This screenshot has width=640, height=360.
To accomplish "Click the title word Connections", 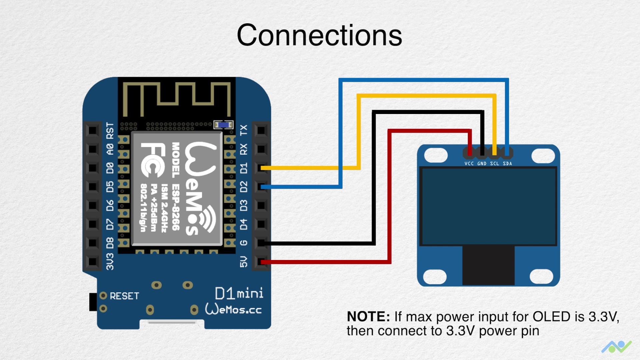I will point(319,35).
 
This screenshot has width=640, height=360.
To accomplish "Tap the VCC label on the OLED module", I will point(469,164).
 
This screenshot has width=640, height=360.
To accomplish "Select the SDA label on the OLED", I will point(507,164).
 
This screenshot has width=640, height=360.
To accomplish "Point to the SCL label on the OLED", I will point(494,164).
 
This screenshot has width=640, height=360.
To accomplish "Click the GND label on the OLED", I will point(482,164).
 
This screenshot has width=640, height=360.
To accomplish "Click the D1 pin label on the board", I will point(244,168).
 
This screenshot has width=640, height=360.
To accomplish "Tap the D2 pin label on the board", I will point(244,187).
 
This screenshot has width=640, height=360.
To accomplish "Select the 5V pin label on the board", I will point(244,262).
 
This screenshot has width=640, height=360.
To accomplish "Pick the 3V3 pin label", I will point(110,262).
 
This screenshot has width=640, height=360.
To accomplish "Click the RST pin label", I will point(110,130).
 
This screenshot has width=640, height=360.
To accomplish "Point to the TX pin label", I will point(244,130).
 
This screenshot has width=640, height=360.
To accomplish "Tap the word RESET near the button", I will point(124,296).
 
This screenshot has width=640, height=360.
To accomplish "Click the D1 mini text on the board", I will point(239,294).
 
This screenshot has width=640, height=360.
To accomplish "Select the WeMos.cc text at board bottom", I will point(233,309).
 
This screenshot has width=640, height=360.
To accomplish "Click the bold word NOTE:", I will point(368,317).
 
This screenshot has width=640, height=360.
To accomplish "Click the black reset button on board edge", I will point(93,302).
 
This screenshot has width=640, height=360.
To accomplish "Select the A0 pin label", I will point(110,149).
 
